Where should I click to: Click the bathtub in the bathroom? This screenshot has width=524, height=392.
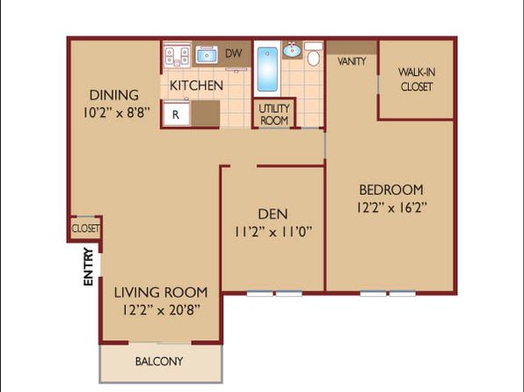[x=267, y=69]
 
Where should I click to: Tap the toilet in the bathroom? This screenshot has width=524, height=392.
[x=314, y=54]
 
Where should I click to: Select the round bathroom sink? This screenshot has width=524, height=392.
[x=293, y=50]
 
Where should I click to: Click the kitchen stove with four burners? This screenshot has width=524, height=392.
[x=178, y=54]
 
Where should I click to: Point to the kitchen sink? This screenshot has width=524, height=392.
[x=207, y=54]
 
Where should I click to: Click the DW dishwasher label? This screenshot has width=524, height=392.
[x=234, y=53]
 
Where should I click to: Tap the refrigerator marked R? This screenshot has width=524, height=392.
[x=177, y=113]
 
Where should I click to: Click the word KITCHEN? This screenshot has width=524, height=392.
[x=196, y=85]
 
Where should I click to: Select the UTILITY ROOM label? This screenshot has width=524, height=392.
[x=274, y=114]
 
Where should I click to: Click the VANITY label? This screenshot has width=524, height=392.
[x=352, y=62]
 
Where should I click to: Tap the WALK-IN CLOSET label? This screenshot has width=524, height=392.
[x=417, y=79]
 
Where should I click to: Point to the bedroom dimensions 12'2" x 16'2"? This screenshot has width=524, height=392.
[x=391, y=207]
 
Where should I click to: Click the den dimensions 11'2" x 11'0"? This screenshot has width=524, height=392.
[x=273, y=231]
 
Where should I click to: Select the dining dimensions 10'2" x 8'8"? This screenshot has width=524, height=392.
[x=117, y=113]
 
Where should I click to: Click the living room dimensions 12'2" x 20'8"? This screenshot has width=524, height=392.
[x=161, y=310]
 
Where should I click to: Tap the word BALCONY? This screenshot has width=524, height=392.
[x=159, y=361]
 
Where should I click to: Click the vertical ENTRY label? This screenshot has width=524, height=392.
[x=88, y=266]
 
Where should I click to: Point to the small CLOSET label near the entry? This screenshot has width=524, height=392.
[x=85, y=229]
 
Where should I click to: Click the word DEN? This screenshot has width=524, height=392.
[x=273, y=214]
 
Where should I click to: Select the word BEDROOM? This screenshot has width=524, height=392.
[x=391, y=190]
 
